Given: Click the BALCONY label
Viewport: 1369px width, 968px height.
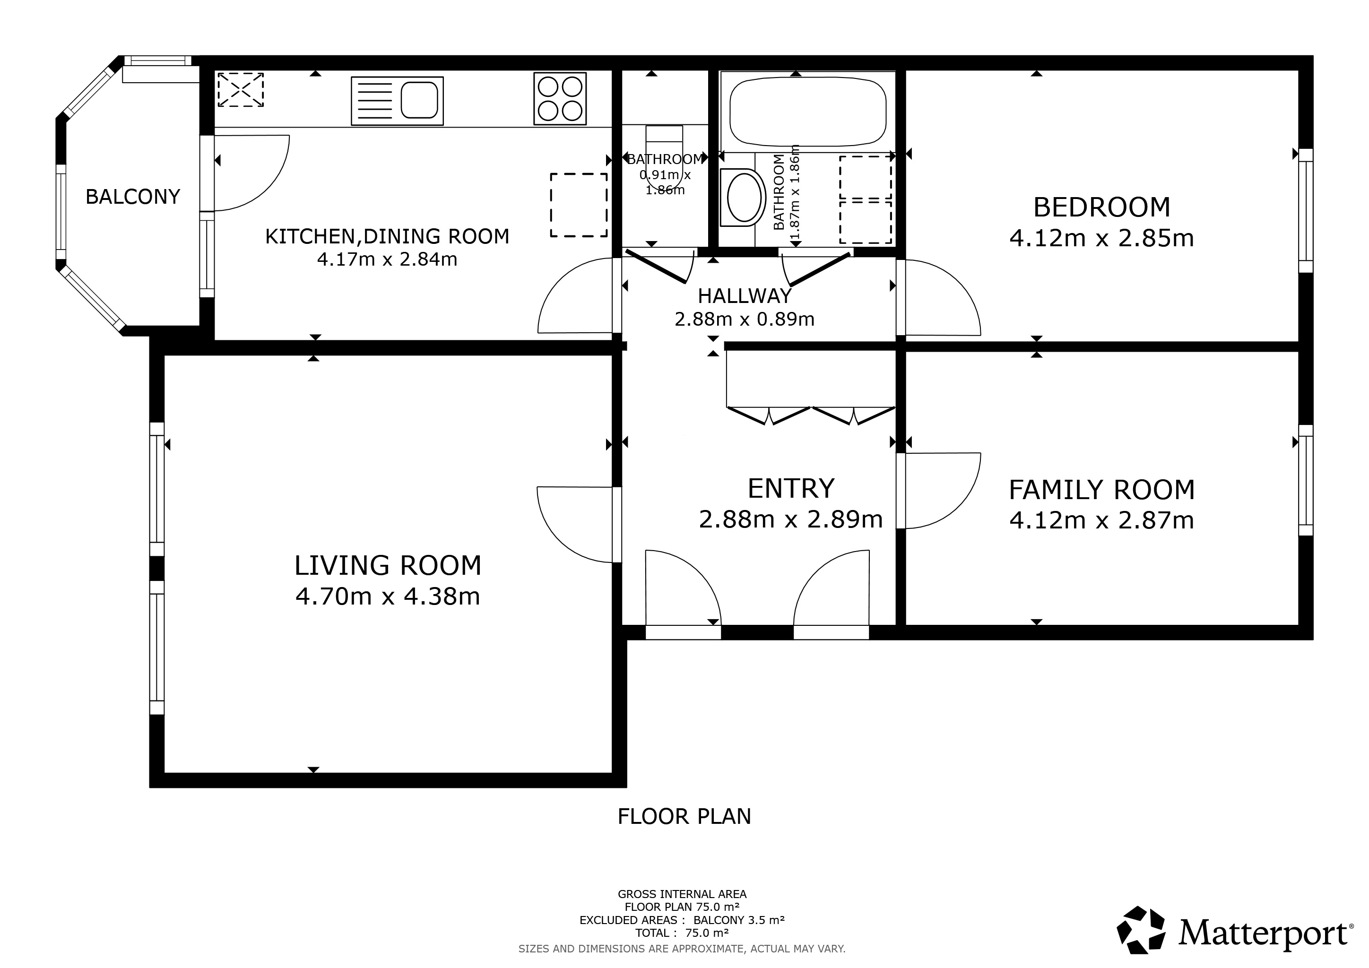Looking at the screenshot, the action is tap(132, 197).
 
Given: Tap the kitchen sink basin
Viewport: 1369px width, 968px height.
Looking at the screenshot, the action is tap(419, 100).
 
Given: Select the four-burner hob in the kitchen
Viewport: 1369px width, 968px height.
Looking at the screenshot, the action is tap(560, 98).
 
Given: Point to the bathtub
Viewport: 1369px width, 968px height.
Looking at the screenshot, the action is tap(808, 112).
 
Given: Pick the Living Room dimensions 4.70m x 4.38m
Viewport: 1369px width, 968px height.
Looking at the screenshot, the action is tap(388, 596).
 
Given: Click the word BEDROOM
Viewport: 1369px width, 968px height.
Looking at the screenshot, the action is tap(1102, 207).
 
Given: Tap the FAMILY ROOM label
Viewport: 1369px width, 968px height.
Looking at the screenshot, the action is tap(1102, 490).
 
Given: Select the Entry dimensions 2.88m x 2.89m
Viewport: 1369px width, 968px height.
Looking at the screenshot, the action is tap(791, 519).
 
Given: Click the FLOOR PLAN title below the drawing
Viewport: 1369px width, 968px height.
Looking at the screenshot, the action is tap(684, 817).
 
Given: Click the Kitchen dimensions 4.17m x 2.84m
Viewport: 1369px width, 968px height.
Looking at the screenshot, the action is tap(388, 260).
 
